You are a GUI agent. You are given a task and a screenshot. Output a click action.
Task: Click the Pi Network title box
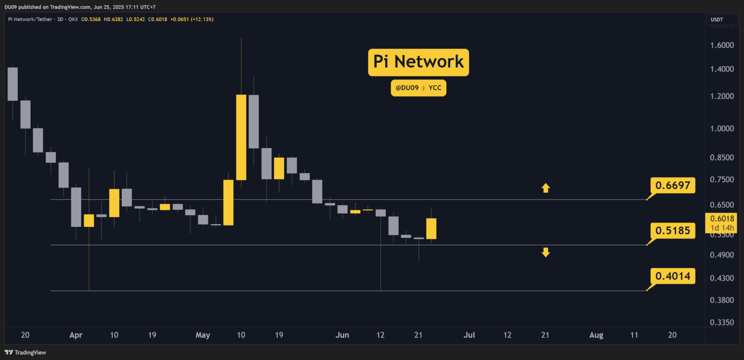[418, 62]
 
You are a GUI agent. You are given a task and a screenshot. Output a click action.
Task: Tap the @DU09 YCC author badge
[418, 88]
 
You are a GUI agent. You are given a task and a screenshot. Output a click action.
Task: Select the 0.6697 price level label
[672, 185]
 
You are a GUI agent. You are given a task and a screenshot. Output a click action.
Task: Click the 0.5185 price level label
[672, 231]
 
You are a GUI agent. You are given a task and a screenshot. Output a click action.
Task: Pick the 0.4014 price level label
[672, 276]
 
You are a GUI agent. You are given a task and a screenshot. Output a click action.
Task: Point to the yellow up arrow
[545, 188]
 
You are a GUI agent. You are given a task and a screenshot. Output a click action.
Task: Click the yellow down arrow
[545, 252]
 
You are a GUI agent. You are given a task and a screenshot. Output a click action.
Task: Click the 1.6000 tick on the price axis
[722, 45]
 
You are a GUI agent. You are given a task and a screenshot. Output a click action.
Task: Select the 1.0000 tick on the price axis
[722, 128]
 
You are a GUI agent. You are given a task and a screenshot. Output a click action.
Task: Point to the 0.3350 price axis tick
[722, 322]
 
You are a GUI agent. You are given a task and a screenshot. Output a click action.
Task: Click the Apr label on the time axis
[76, 335]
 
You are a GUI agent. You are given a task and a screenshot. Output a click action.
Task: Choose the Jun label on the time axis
[342, 335]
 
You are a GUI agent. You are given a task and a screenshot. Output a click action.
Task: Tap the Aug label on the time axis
[596, 335]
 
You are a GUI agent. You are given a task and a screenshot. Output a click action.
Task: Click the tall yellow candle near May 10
[241, 137]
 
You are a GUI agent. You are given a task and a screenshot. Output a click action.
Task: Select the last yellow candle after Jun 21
[431, 228]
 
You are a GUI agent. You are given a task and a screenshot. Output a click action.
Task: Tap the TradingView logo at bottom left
[26, 353]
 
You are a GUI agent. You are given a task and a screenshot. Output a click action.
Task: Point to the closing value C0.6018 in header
[158, 20]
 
